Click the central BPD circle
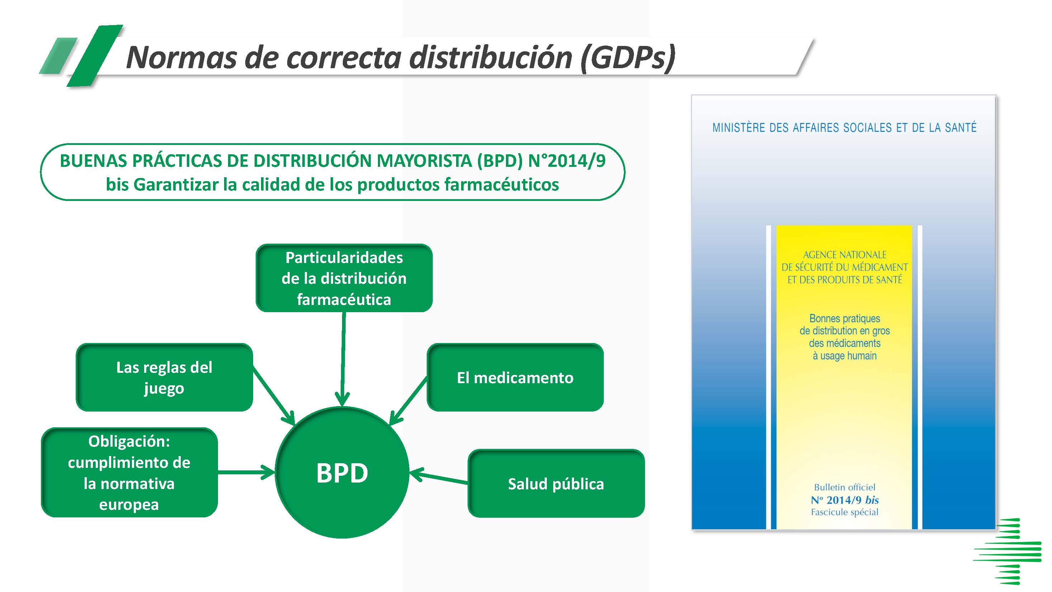point(342,473)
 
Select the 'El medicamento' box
point(515,377)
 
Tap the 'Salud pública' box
point(556,484)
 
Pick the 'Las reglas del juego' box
point(164,377)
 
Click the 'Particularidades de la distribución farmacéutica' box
point(344,278)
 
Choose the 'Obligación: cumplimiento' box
point(129,473)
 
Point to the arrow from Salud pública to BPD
point(439,478)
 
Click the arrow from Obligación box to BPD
point(246,473)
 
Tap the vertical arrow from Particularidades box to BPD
point(343,359)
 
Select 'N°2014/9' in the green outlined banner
point(567,161)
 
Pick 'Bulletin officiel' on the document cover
point(844,487)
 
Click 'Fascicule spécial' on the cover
point(844,512)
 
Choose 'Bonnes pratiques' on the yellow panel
point(844,318)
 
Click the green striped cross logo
point(1008,551)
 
